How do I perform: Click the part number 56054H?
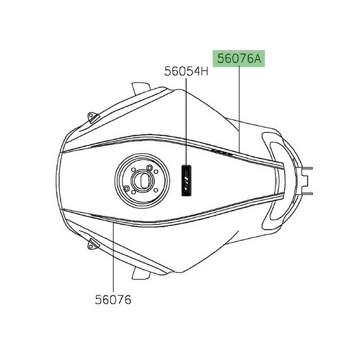187,71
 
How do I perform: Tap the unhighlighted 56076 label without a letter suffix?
113,299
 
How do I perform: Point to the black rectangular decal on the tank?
186,178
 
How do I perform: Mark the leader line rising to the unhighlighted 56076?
113,256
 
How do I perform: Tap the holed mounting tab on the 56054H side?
93,117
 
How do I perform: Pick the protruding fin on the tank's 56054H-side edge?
140,88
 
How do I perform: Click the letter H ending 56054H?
204,71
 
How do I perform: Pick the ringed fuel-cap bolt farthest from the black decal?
127,189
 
